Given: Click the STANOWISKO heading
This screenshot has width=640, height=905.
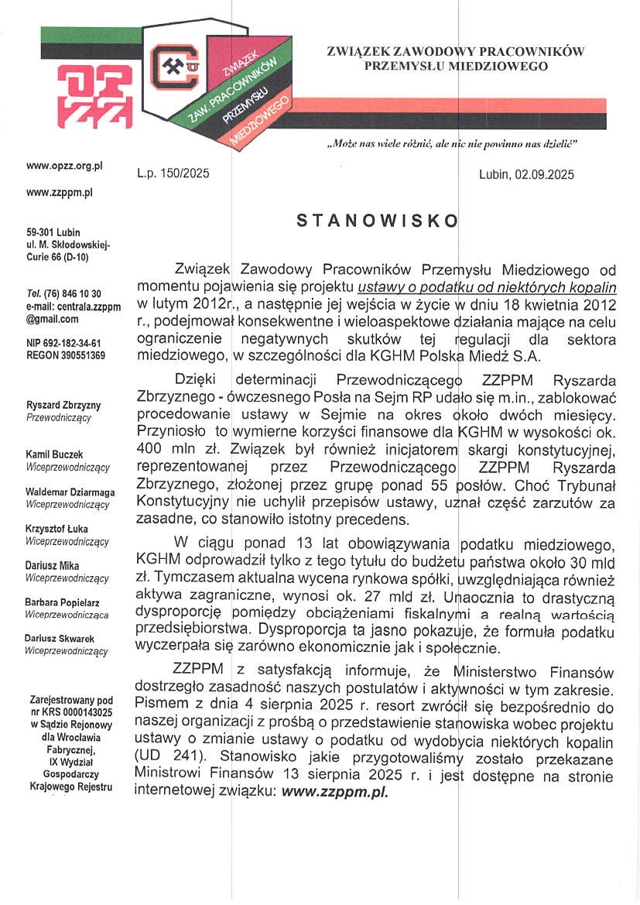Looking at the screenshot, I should pyautogui.click(x=378, y=221).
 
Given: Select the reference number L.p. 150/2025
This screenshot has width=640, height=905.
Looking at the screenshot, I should pyautogui.click(x=173, y=175).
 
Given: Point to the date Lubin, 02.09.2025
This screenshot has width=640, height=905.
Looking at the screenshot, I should pyautogui.click(x=526, y=175).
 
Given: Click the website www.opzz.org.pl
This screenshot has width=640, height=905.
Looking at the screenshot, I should pyautogui.click(x=64, y=166).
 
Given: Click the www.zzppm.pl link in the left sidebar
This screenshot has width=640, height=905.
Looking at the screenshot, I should pyautogui.click(x=60, y=192).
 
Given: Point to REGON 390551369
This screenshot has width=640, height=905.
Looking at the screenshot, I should pyautogui.click(x=66, y=355).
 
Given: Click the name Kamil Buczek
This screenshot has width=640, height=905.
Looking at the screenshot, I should pyautogui.click(x=55, y=454).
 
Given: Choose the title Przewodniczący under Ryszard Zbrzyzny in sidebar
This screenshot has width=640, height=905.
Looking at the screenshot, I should pyautogui.click(x=59, y=417).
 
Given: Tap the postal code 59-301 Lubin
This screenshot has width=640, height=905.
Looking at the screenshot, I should pyautogui.click(x=53, y=231).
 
